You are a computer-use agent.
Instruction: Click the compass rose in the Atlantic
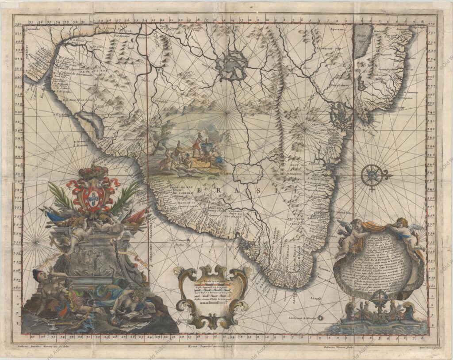pos(373,176)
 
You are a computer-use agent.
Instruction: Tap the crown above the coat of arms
pos(93,172)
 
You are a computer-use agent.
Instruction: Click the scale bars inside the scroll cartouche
pos(211,290)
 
